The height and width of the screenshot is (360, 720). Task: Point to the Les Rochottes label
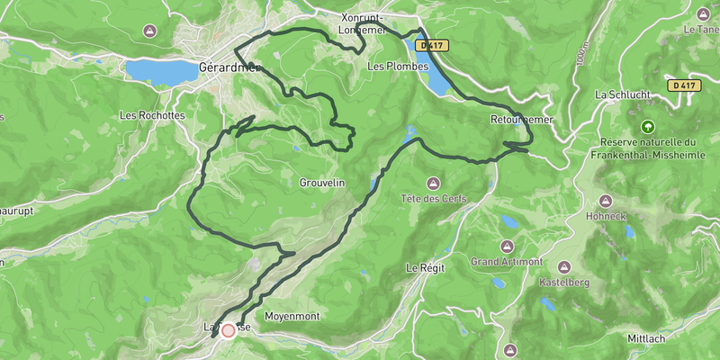[x=152, y=115]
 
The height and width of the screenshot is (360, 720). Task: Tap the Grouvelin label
[x=322, y=183]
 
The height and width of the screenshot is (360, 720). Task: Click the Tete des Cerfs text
[x=432, y=198]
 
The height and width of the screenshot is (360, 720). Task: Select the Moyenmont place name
[x=292, y=317]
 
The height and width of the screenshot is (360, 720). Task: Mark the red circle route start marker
[x=228, y=330]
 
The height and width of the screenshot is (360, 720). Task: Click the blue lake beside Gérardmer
[x=160, y=69]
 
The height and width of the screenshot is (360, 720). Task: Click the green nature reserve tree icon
[x=647, y=126]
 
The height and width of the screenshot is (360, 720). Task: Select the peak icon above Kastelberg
[x=563, y=266]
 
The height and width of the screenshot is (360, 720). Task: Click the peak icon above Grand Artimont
[x=504, y=245]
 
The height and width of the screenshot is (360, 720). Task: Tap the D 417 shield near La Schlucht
[x=683, y=85]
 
